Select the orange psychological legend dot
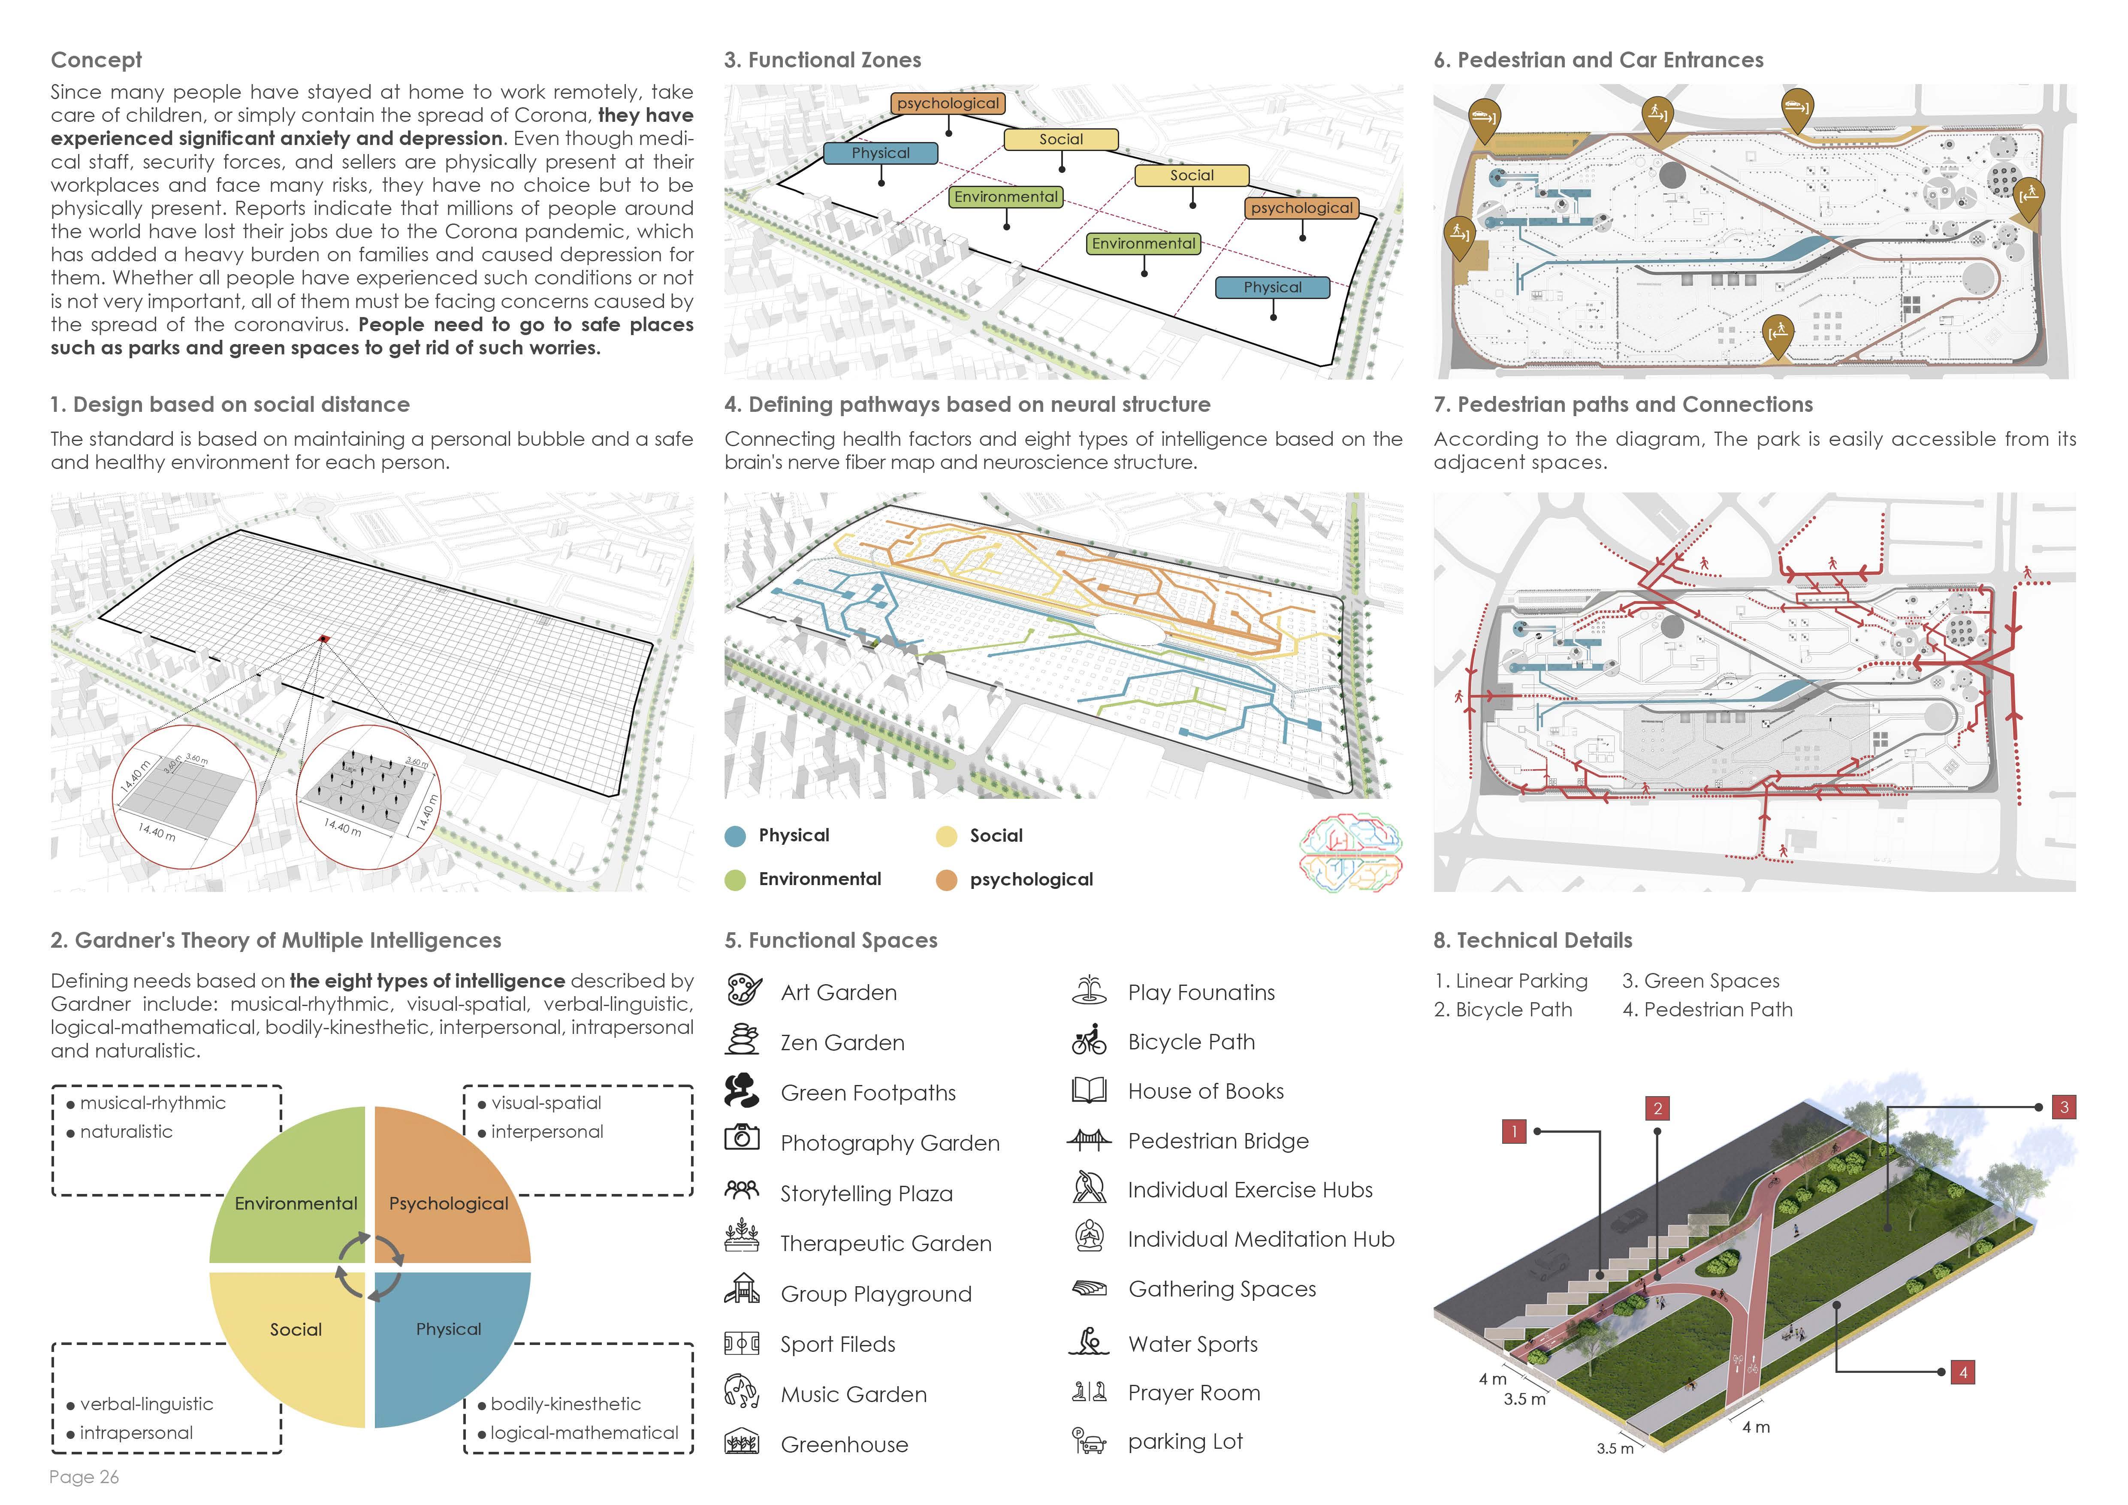(x=946, y=879)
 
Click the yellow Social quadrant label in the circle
(x=296, y=1330)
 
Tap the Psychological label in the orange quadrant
(x=449, y=1204)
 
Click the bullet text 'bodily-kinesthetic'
(x=565, y=1404)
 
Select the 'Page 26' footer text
(x=85, y=1477)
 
